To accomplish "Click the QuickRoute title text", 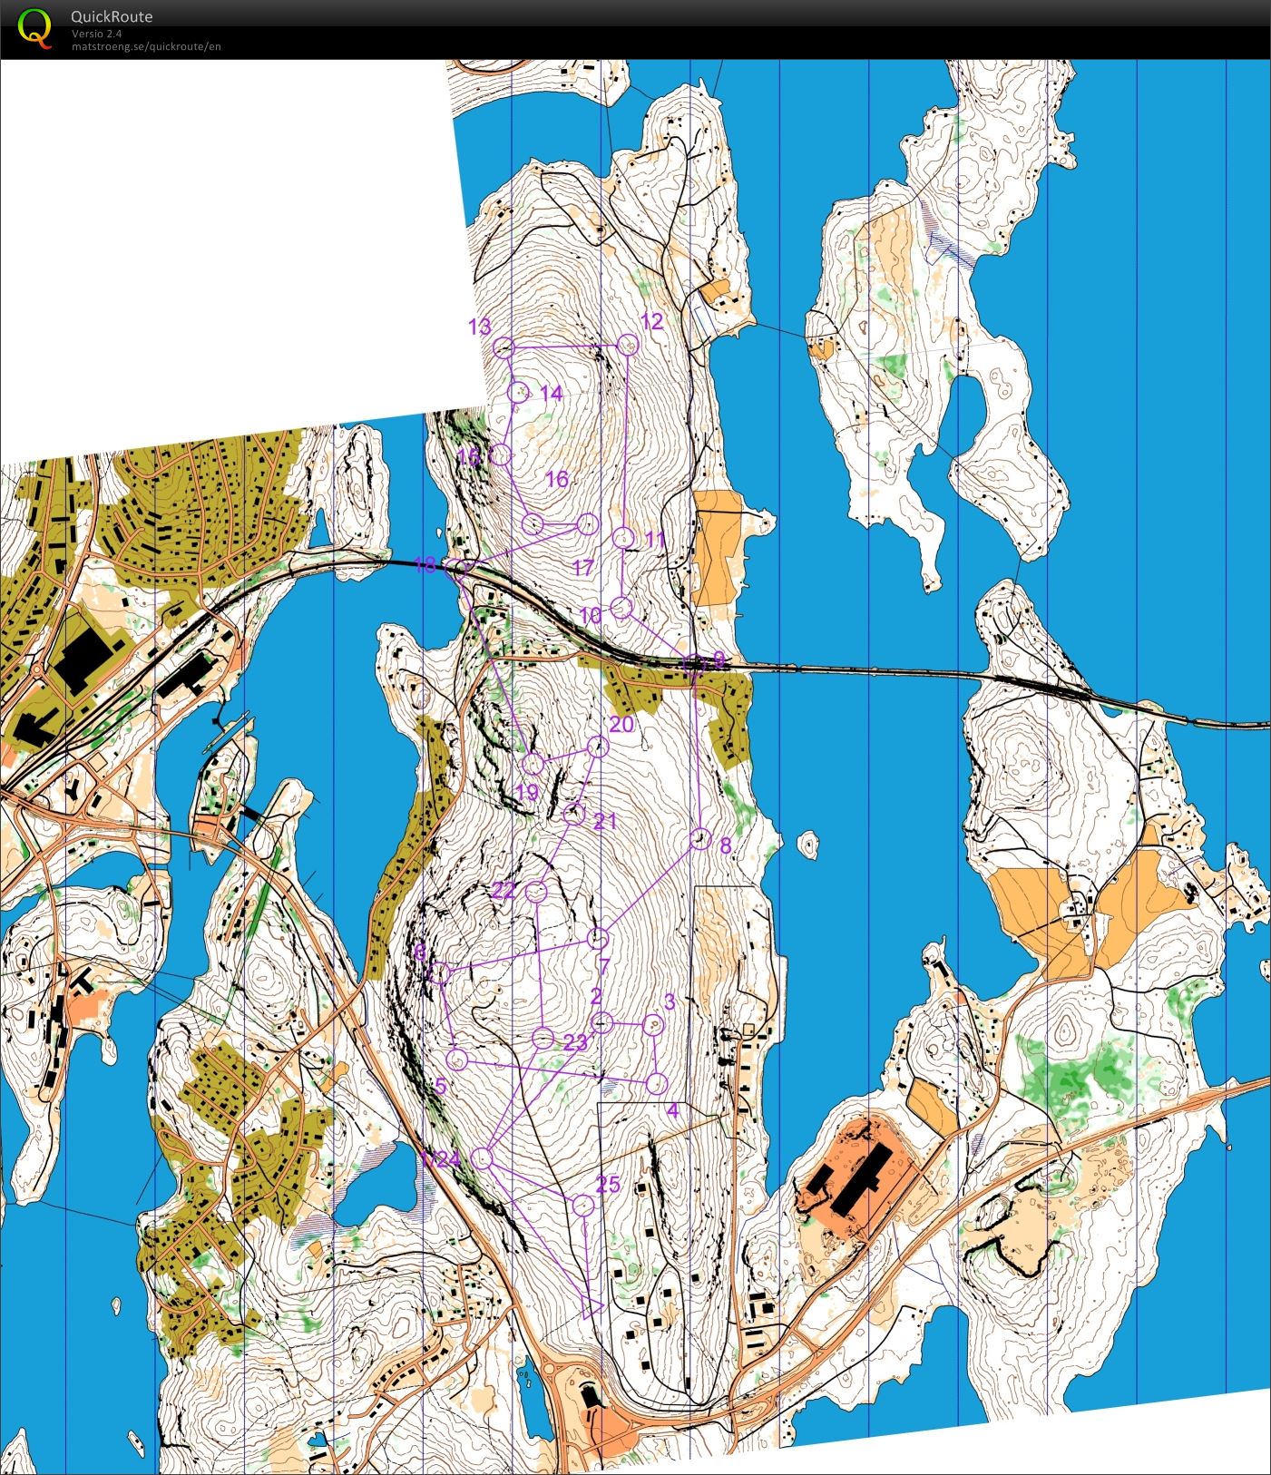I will [112, 16].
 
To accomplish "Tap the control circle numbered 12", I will [628, 345].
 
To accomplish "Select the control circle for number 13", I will [504, 347].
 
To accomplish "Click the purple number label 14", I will [551, 394].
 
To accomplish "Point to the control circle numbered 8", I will [699, 839].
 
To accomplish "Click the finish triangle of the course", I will [591, 1307].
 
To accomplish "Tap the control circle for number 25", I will [583, 1205].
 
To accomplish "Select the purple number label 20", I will [621, 724].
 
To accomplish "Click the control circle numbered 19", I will [533, 763].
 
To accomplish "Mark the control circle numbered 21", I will [572, 814].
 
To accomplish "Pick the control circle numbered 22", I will [536, 892].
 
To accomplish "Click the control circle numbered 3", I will [653, 1025].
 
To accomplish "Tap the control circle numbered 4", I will [657, 1083].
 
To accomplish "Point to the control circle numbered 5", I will [458, 1059].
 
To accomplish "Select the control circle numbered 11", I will [622, 538].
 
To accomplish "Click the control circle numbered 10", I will [621, 608].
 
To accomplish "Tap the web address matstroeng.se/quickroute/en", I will [146, 46].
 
